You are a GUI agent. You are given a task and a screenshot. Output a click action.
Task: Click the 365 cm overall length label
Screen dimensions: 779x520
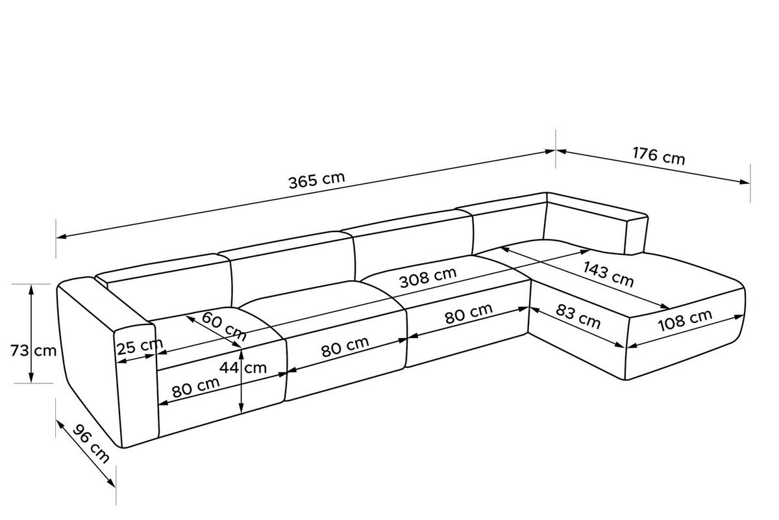(317, 180)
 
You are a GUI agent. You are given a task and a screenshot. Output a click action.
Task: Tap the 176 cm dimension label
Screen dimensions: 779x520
(659, 156)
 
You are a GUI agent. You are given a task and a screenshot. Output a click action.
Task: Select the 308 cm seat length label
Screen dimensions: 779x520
(428, 278)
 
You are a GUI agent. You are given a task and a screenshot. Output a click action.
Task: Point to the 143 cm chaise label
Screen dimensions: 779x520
(608, 274)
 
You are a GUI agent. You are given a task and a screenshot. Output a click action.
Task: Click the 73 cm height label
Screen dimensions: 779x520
(33, 350)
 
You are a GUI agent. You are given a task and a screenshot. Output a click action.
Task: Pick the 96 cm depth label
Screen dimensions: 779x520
(91, 443)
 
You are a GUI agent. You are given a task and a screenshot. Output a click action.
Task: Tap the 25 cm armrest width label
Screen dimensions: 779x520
(140, 346)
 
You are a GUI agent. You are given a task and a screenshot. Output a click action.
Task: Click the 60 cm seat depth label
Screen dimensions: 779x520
(224, 326)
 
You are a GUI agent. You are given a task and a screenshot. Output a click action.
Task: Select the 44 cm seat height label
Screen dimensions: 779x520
(243, 368)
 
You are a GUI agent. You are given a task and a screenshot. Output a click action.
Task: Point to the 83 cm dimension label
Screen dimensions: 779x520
(578, 317)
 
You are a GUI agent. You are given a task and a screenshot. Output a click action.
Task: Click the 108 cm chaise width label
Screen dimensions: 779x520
(685, 320)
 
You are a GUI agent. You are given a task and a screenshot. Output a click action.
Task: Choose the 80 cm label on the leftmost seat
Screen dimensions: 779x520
(196, 387)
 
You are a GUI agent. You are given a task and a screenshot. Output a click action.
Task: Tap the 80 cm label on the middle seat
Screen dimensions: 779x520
(345, 346)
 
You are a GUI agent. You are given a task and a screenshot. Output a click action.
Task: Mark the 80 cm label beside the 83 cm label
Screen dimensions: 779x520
(469, 313)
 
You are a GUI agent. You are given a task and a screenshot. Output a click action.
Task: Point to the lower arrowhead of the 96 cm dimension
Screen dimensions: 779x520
(111, 483)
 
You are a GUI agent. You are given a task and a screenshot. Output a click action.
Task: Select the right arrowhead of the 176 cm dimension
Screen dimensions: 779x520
(745, 182)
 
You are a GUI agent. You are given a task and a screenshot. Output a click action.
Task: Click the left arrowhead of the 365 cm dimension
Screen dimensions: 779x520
(61, 237)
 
